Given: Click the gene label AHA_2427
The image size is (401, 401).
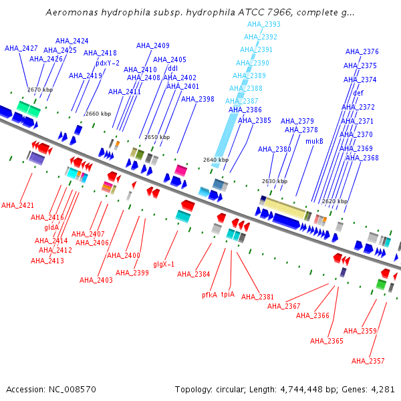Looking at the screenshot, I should (21, 48).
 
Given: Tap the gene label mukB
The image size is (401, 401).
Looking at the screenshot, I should (314, 141).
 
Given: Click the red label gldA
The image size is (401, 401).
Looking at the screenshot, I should (52, 227).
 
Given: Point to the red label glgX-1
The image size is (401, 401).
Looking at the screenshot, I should (164, 264).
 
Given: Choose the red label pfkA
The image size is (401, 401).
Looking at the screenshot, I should (210, 295).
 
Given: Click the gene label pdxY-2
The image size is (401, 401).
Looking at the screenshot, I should (108, 63).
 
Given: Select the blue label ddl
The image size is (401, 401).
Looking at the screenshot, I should (172, 68).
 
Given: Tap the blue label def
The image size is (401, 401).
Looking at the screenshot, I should (358, 93).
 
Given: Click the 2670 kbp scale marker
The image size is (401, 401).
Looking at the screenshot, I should (39, 89).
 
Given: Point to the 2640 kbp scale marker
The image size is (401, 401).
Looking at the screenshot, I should (216, 160).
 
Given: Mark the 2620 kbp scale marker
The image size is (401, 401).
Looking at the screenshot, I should (335, 201).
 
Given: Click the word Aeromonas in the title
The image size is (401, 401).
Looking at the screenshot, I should (69, 13).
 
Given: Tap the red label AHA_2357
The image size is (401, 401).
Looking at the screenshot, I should (368, 361).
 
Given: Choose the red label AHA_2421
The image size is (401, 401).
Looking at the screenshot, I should (18, 205).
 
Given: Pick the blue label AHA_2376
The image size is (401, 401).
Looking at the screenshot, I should (362, 51).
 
